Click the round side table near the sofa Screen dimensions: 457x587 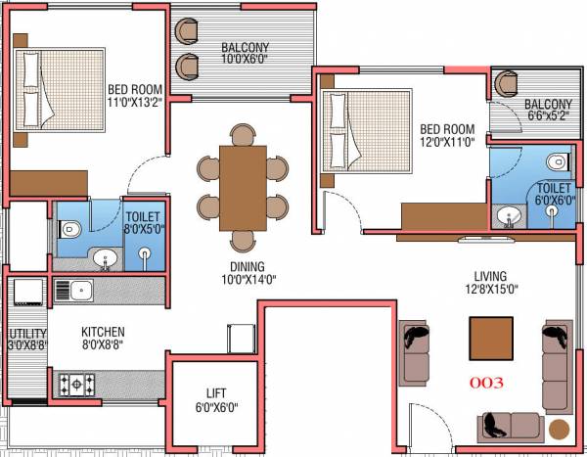pos(559,429)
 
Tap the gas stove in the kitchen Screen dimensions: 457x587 pos(77,383)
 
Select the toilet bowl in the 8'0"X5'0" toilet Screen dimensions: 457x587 pos(69,230)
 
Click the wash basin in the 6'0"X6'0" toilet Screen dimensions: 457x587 pos(507,216)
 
